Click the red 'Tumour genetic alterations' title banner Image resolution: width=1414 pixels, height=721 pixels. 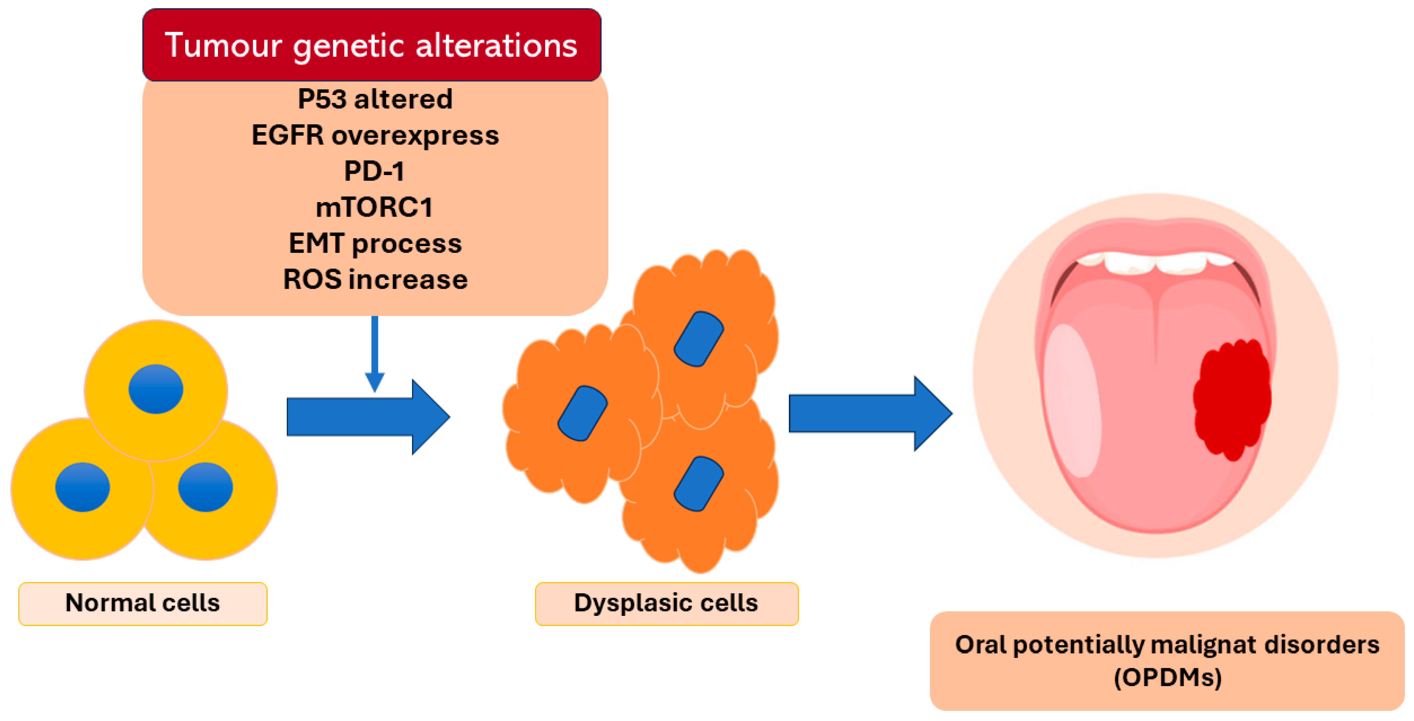(x=372, y=45)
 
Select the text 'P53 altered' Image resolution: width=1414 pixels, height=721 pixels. (x=375, y=99)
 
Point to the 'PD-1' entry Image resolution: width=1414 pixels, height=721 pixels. (x=374, y=171)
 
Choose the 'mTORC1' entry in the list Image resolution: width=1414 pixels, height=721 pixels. (x=374, y=207)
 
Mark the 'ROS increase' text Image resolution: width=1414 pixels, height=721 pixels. (x=375, y=279)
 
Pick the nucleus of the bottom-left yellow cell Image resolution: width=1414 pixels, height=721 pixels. (x=82, y=487)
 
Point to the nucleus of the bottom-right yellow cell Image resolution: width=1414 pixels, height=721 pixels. (x=205, y=487)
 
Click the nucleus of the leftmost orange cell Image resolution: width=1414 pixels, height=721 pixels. (x=582, y=413)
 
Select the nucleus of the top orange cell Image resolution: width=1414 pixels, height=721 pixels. (x=698, y=339)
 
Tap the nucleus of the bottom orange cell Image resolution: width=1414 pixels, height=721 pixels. (x=698, y=484)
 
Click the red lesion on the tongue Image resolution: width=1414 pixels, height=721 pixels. (x=1232, y=399)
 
